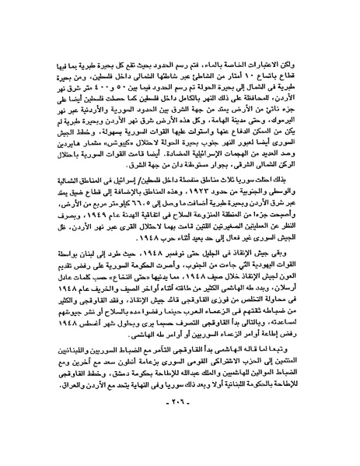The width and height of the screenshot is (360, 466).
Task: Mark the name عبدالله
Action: pos(218,370)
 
